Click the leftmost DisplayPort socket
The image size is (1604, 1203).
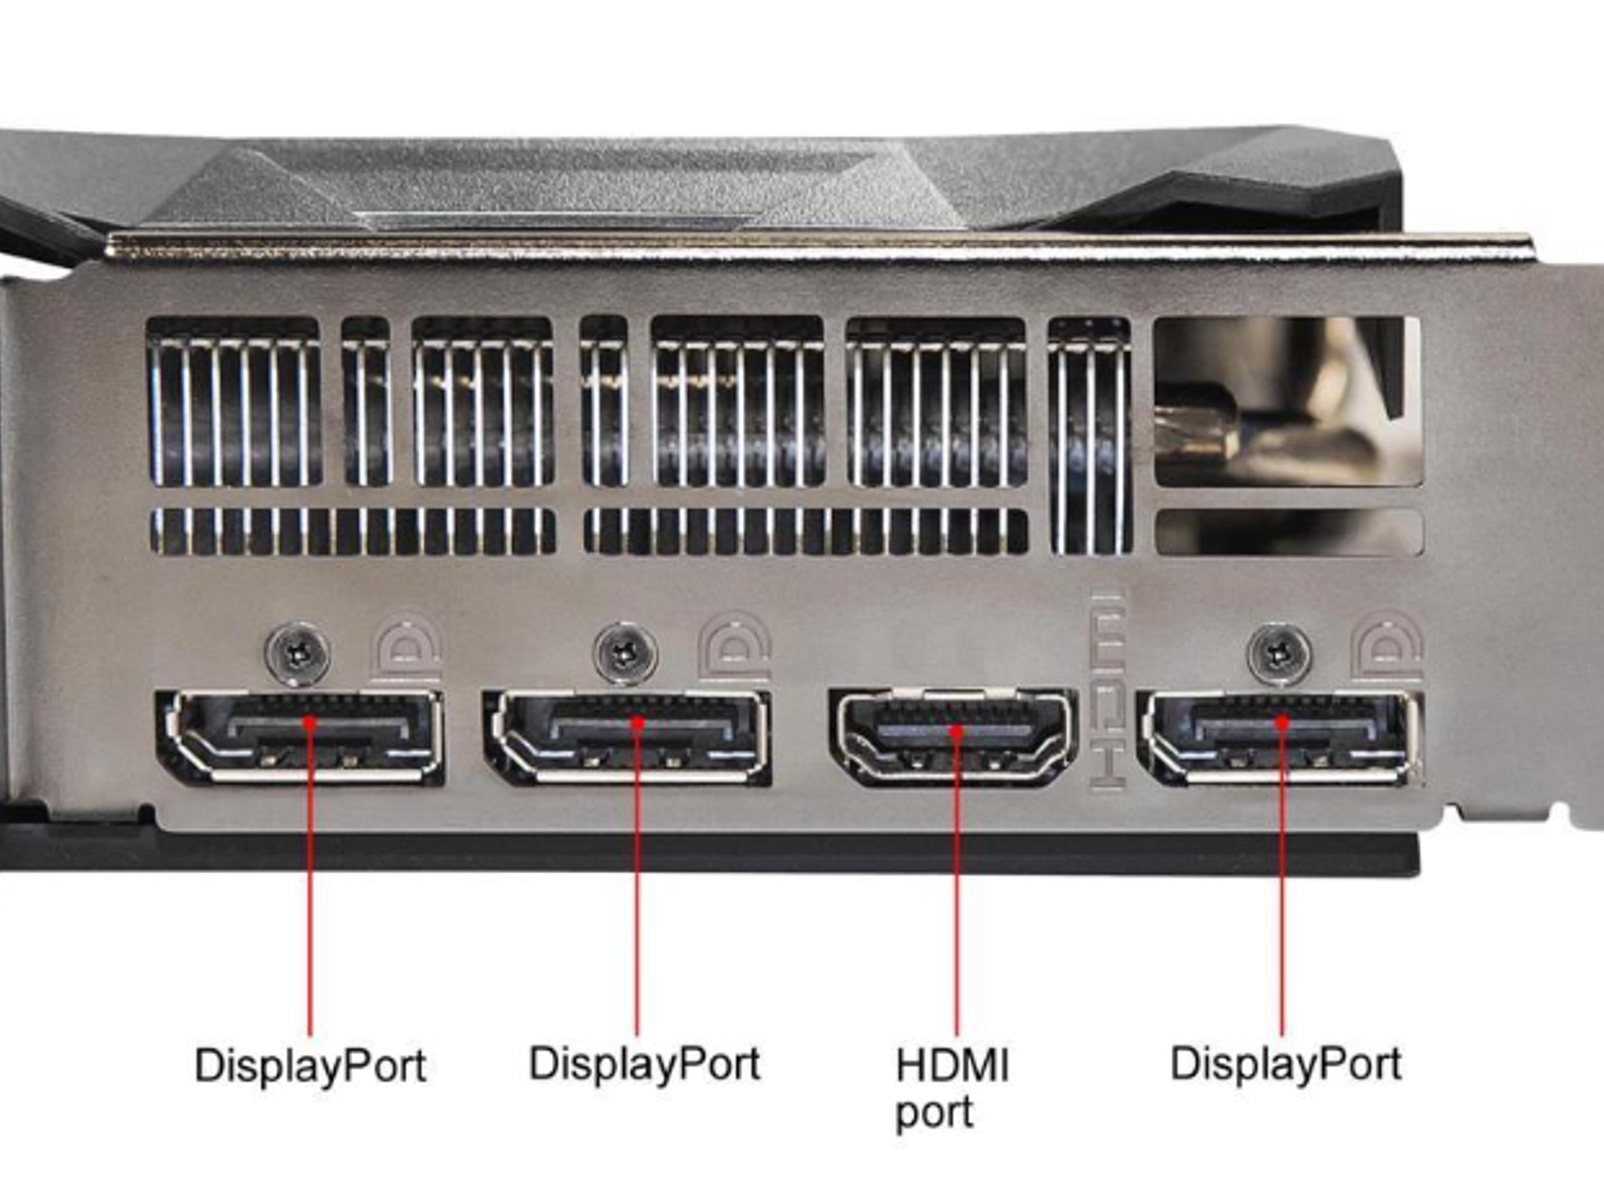point(301,737)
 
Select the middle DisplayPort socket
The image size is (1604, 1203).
point(627,737)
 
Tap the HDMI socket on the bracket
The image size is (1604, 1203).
point(953,737)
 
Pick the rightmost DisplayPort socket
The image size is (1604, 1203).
point(1281,737)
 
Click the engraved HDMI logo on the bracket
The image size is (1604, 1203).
point(1107,689)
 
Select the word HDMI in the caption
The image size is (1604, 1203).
point(952,1065)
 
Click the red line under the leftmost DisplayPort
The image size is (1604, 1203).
point(310,877)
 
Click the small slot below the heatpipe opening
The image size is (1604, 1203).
point(1288,533)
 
